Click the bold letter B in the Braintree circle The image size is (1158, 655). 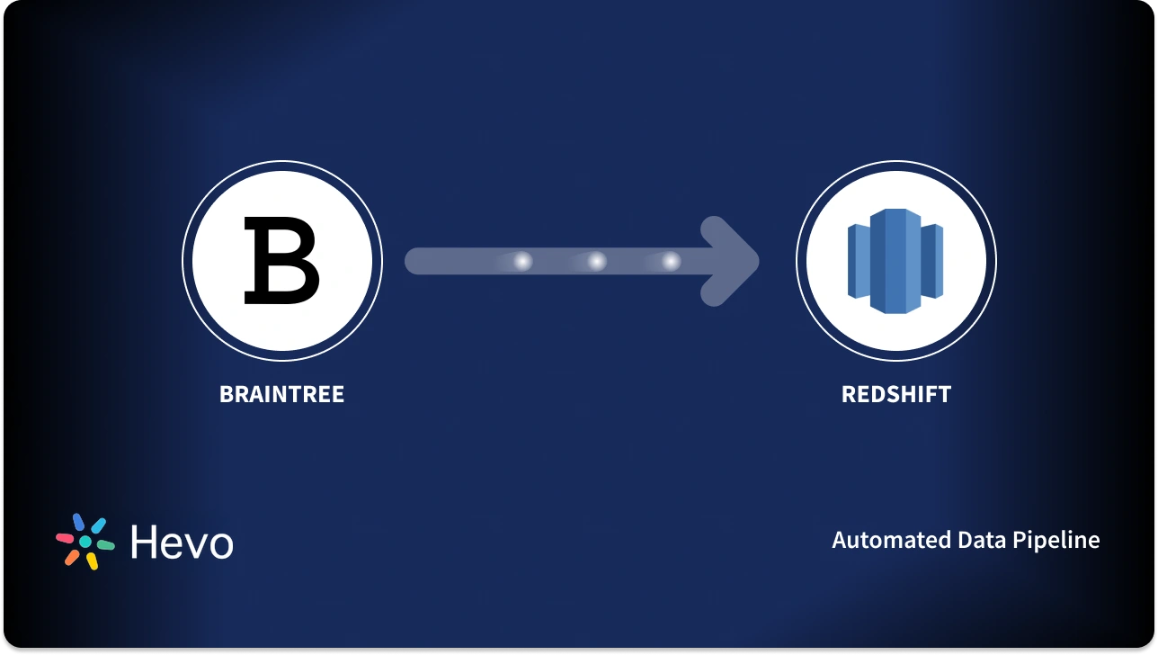[x=282, y=261]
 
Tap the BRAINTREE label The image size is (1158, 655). [x=281, y=394]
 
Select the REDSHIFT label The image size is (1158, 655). [x=895, y=394]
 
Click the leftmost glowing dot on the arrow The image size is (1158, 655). [x=521, y=261]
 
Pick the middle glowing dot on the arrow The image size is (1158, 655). [x=596, y=261]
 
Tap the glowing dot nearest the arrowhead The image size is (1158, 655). [x=671, y=261]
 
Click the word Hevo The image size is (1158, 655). [x=182, y=543]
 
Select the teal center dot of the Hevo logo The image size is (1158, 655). [x=85, y=542]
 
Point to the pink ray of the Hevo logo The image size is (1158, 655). [x=65, y=538]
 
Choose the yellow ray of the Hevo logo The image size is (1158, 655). [x=92, y=561]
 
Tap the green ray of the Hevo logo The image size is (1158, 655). [x=105, y=545]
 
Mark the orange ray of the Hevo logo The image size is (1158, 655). [x=72, y=557]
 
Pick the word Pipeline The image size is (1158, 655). [x=1056, y=540]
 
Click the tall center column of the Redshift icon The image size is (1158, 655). [x=895, y=261]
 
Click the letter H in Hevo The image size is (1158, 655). [x=145, y=543]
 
